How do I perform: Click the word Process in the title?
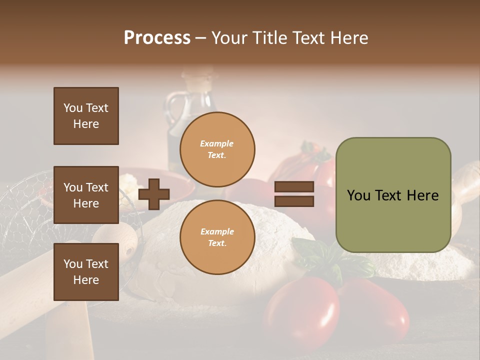click(x=157, y=38)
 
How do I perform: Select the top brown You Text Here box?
click(x=86, y=116)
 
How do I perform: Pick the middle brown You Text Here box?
click(x=86, y=195)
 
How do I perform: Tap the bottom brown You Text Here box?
click(x=86, y=271)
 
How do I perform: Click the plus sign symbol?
click(x=154, y=194)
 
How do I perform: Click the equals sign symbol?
click(x=294, y=194)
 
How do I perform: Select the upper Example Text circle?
click(x=217, y=149)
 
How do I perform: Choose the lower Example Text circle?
click(x=217, y=237)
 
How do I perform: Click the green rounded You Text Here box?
click(x=393, y=195)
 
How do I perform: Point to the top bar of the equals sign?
click(x=294, y=187)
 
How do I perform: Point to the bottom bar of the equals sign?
click(x=294, y=201)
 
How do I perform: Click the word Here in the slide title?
click(x=348, y=38)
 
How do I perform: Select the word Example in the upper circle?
click(x=217, y=143)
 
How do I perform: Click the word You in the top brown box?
click(x=73, y=108)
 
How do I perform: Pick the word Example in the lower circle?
click(x=217, y=231)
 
